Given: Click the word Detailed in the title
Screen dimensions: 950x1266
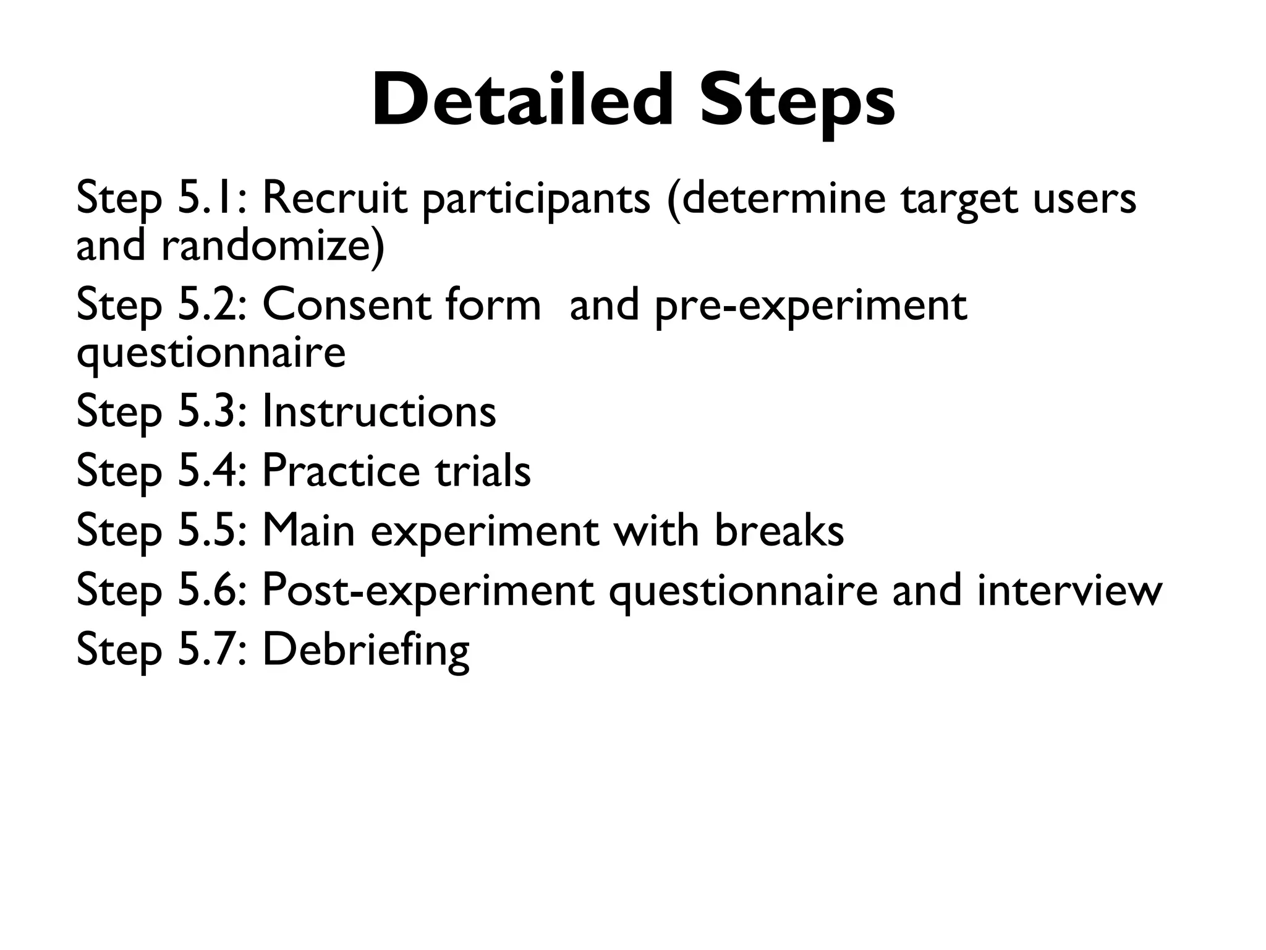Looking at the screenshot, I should point(522,100).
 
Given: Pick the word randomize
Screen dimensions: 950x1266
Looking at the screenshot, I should point(272,245).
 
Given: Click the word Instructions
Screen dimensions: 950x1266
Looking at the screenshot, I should point(379,411).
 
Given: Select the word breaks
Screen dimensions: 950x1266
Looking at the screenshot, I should point(779,531).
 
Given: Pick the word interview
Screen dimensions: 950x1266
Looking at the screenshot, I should point(1069,590).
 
